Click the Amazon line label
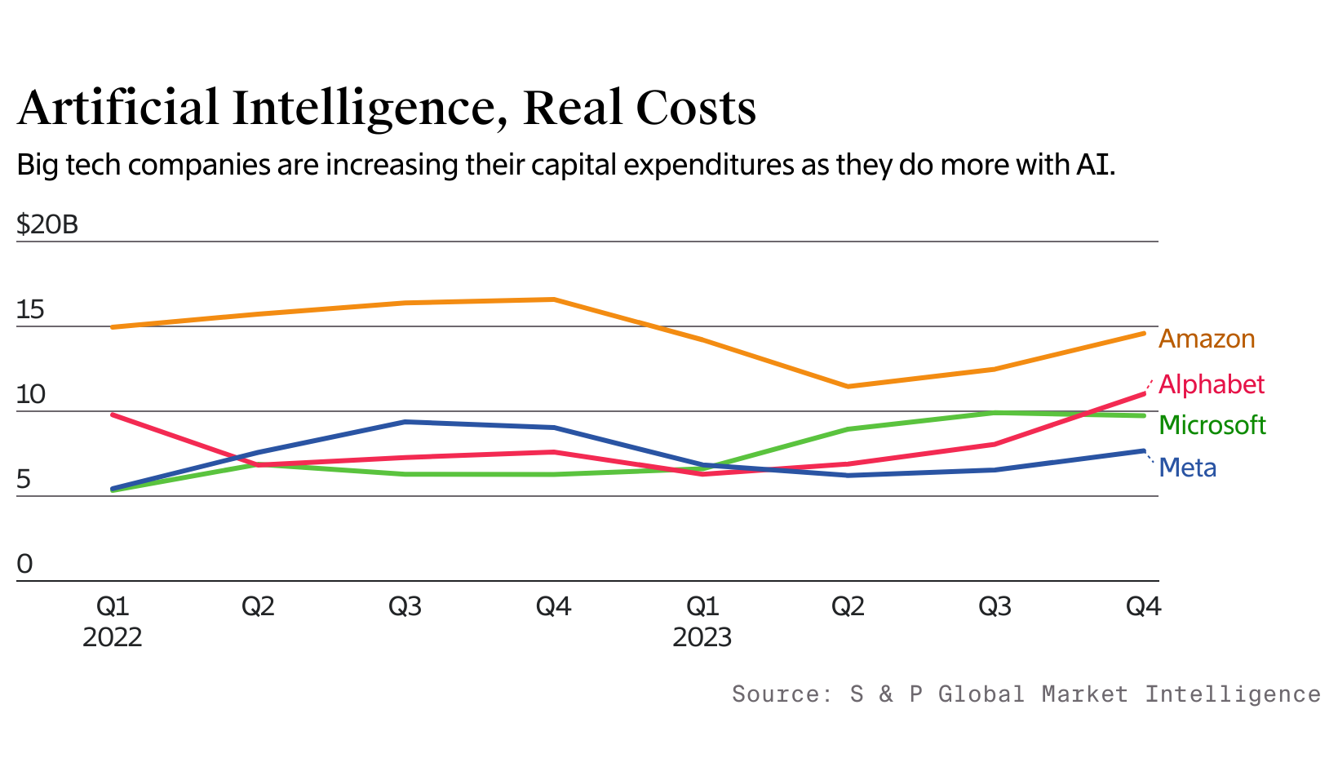1207,339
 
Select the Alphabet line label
1212,384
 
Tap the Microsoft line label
1212,425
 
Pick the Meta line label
1188,468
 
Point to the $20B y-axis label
47,224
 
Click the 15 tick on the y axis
30,310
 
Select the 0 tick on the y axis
24,564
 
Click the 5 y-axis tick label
24,479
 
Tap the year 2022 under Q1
112,637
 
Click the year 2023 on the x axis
702,637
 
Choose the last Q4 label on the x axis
1143,606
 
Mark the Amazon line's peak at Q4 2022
554,299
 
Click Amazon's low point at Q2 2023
848,386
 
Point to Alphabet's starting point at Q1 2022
113,415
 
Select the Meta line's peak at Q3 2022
405,422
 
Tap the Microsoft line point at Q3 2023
995,413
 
